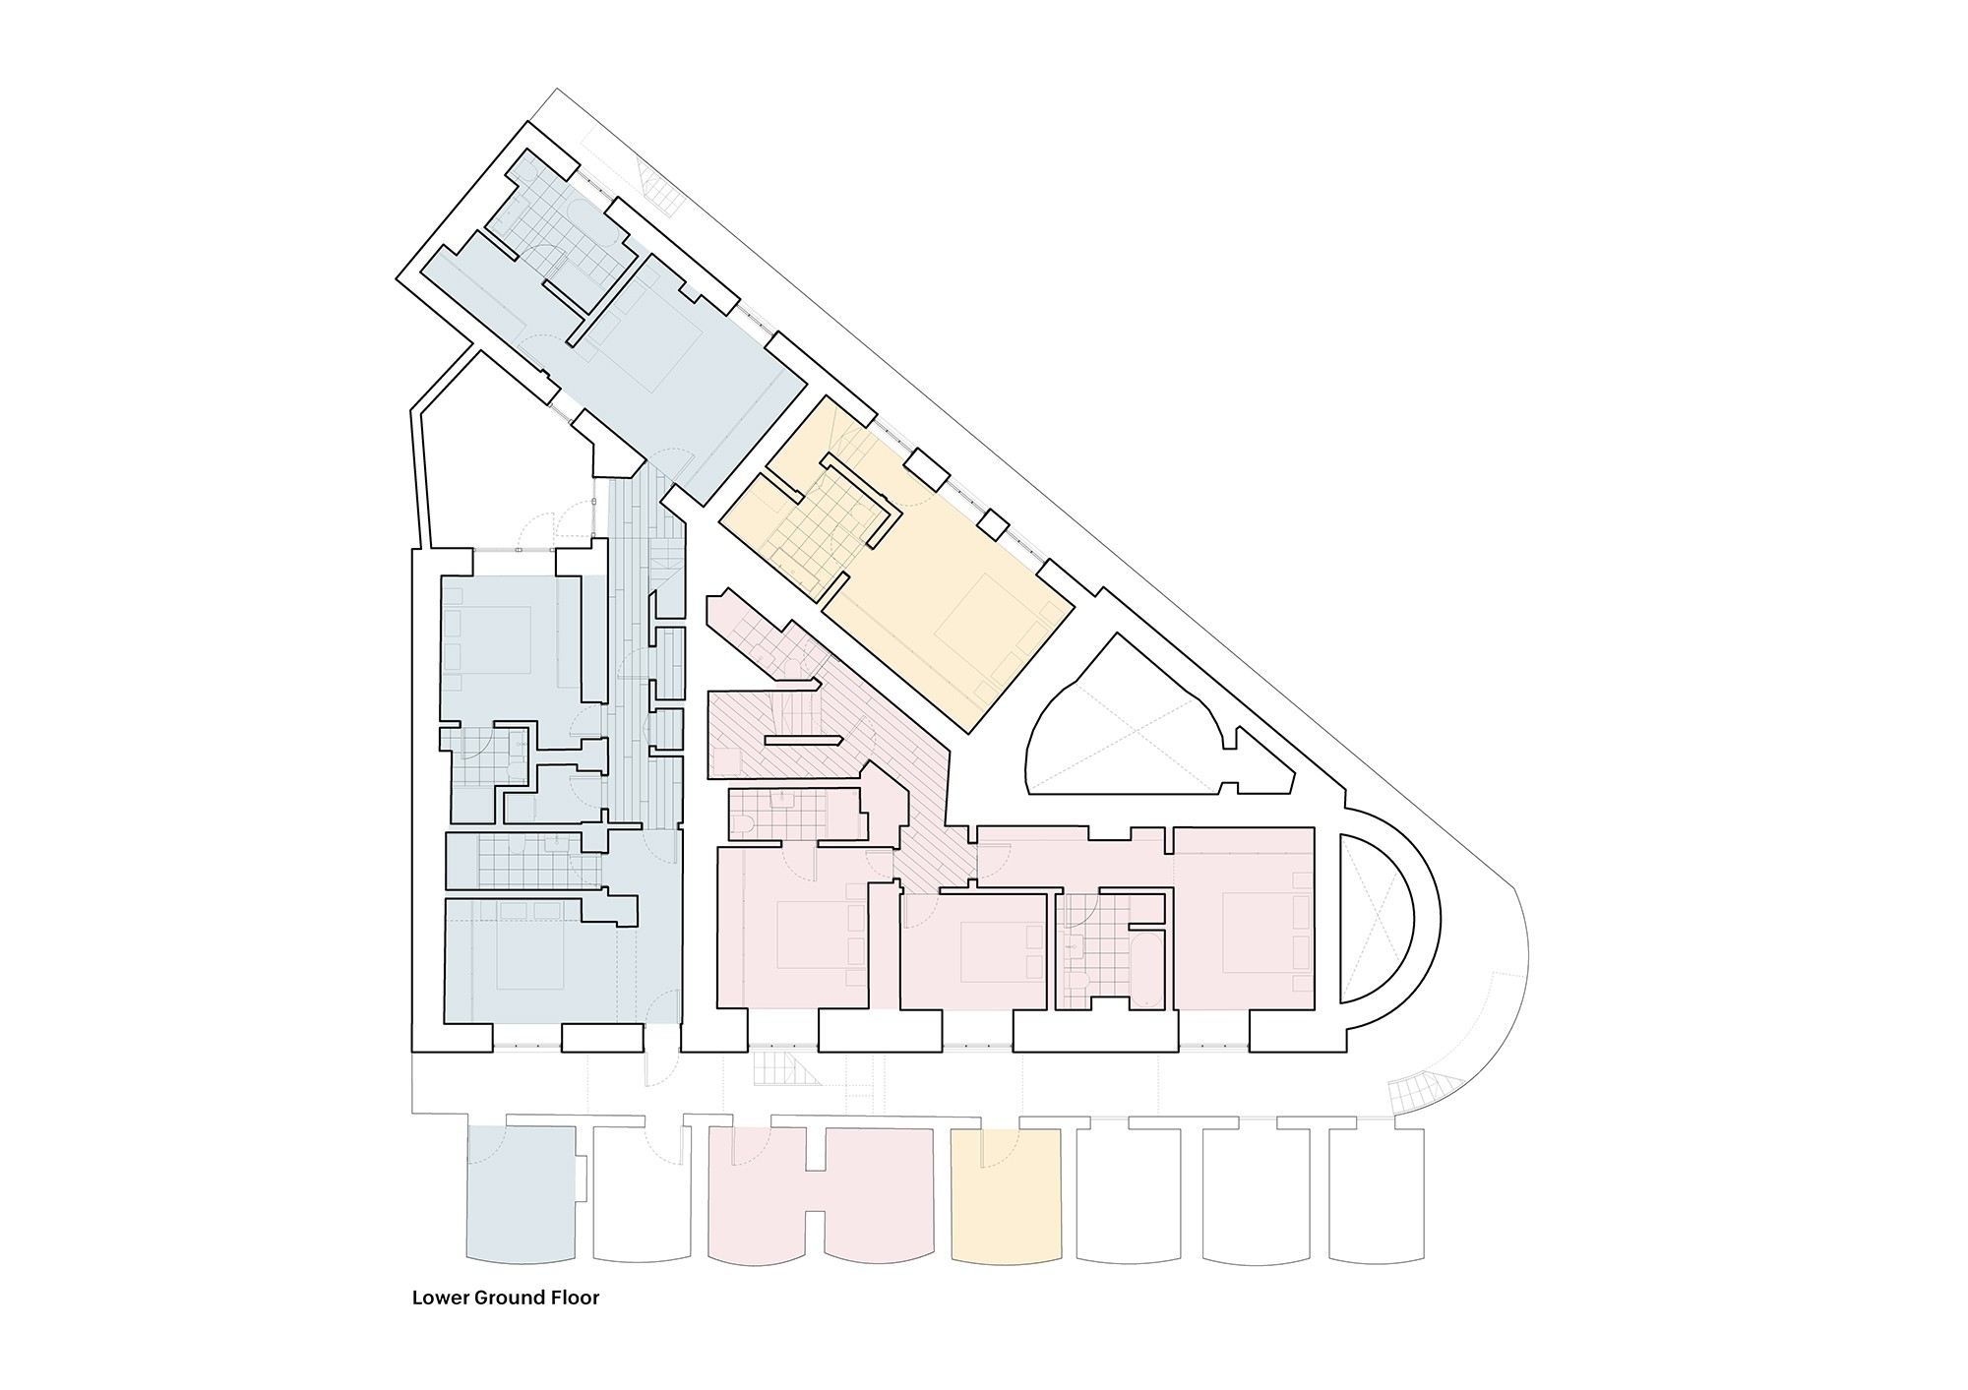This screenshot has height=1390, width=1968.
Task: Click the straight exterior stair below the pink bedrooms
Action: tap(786, 1067)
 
